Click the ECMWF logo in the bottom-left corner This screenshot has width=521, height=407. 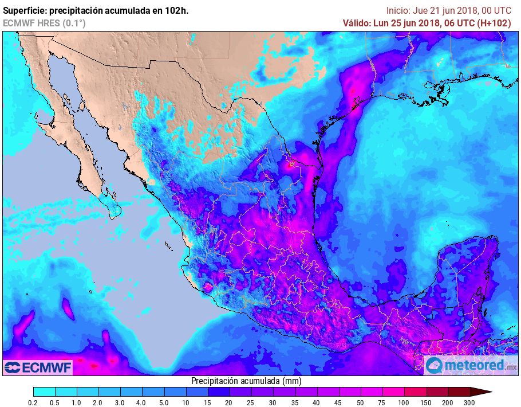click(x=38, y=366)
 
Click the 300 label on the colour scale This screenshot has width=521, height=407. click(x=469, y=403)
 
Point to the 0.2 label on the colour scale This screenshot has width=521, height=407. click(x=33, y=403)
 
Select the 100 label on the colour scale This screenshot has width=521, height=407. click(x=404, y=403)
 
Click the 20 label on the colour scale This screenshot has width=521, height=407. click(x=229, y=403)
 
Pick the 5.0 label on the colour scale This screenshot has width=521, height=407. click(x=164, y=403)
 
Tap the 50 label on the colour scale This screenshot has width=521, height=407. click(x=360, y=403)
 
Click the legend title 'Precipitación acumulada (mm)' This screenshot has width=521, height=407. click(x=246, y=381)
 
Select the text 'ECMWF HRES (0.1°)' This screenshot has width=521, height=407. click(x=44, y=23)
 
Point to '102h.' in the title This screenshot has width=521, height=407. click(x=176, y=10)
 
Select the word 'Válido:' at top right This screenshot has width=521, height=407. click(x=358, y=23)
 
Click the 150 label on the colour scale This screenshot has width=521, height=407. click(x=426, y=403)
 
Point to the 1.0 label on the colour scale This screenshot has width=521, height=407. click(x=77, y=403)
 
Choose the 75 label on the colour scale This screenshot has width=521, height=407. click(x=381, y=403)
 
